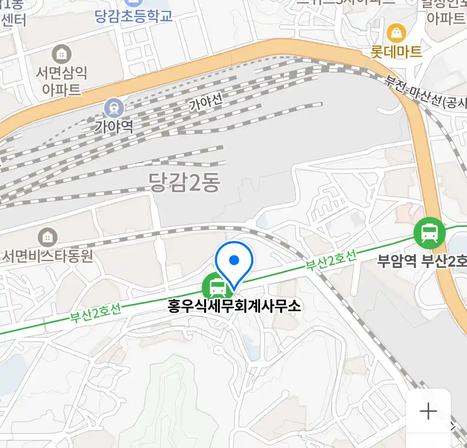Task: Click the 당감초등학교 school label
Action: click(x=133, y=16)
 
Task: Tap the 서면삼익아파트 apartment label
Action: click(x=61, y=81)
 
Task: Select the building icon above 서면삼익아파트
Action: click(x=61, y=54)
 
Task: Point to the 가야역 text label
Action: click(x=114, y=126)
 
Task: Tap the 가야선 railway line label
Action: click(x=206, y=101)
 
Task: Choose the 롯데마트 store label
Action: click(x=396, y=51)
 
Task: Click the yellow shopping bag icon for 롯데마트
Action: click(x=396, y=32)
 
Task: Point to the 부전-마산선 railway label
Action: click(x=425, y=94)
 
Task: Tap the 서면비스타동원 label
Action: click(x=48, y=256)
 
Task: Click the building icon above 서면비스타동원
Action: click(x=48, y=237)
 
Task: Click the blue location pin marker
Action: click(x=234, y=261)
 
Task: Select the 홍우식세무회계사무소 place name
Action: click(x=234, y=306)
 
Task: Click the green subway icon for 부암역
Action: click(x=429, y=233)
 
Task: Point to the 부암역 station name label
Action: click(x=396, y=261)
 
